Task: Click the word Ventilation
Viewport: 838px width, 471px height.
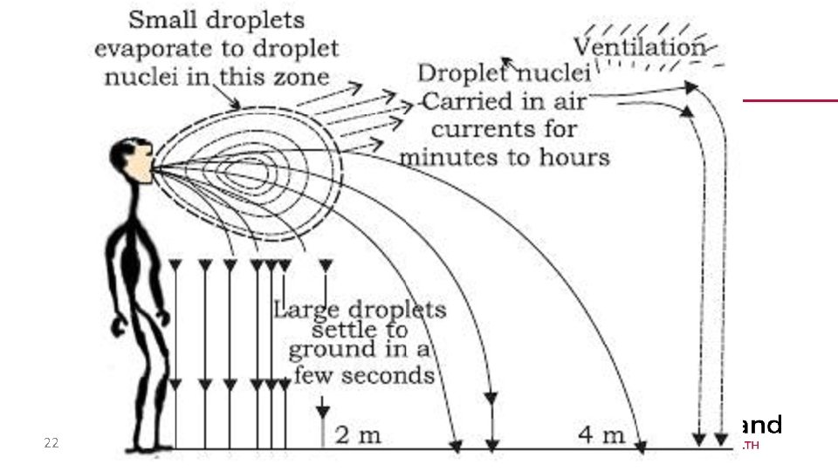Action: (639, 46)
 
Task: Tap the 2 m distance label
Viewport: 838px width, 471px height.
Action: (358, 434)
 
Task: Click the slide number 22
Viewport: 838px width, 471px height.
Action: (52, 443)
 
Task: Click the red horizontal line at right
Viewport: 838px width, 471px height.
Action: (789, 100)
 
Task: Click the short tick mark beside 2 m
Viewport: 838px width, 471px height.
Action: (323, 433)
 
